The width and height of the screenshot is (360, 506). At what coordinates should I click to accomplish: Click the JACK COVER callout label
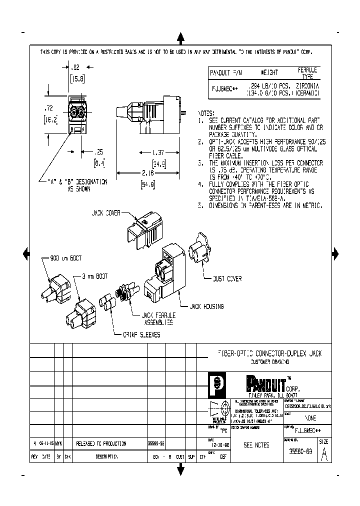pyautogui.click(x=106, y=212)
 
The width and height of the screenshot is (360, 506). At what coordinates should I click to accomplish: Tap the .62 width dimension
pyautogui.click(x=75, y=66)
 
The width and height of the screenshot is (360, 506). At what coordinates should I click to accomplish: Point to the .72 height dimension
pyautogui.click(x=48, y=108)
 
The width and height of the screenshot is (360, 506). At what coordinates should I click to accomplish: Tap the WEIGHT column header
pyautogui.click(x=269, y=72)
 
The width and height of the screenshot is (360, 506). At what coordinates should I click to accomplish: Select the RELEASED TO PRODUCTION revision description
pyautogui.click(x=101, y=443)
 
